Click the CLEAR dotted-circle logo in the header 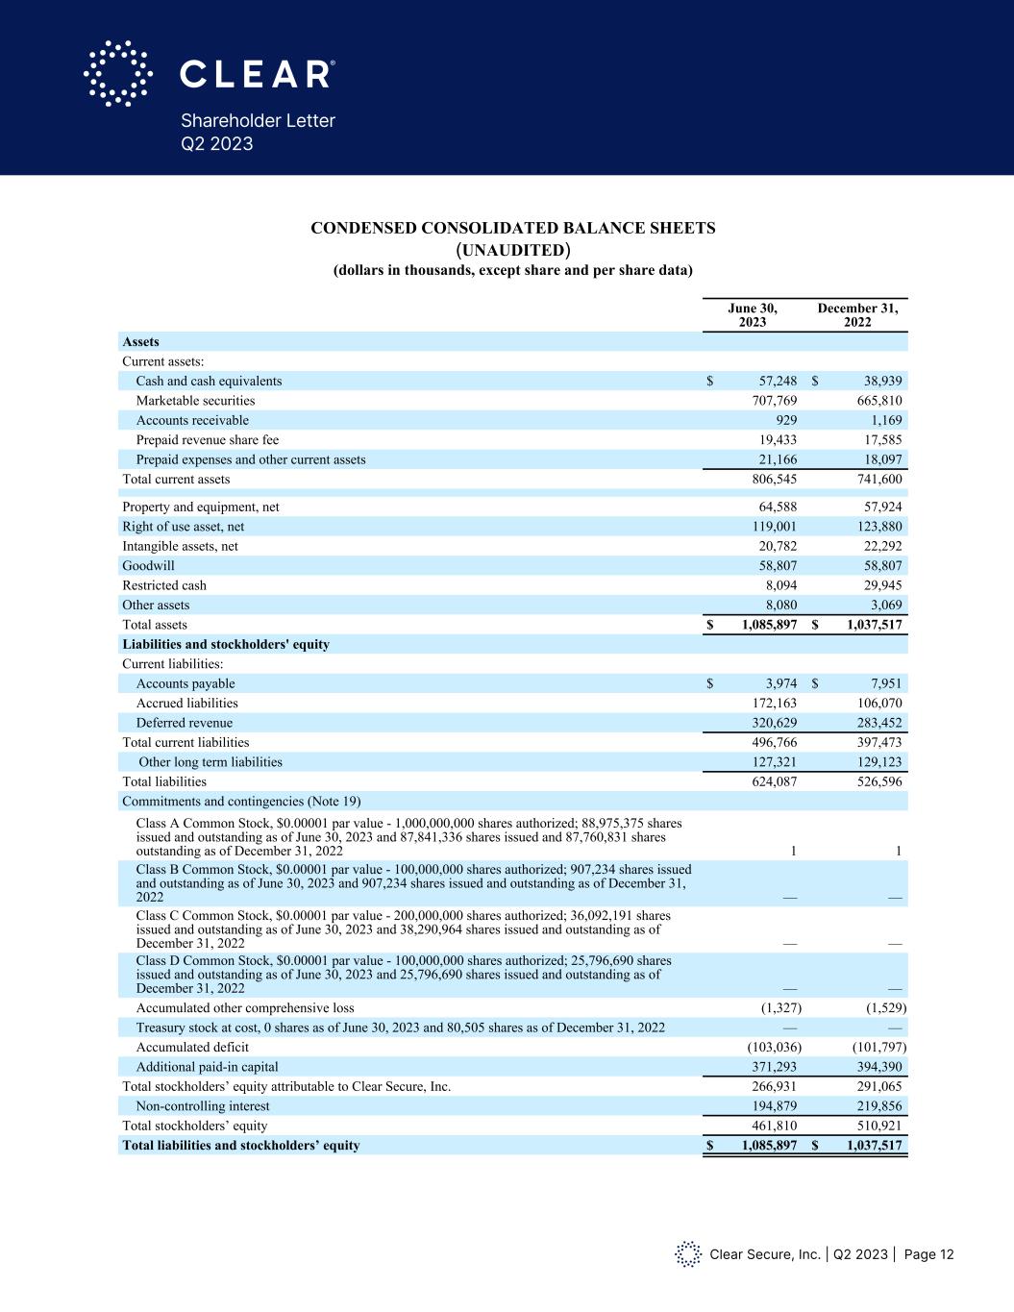(118, 73)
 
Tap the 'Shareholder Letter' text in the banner (258, 121)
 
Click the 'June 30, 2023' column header (752, 315)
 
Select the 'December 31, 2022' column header (857, 315)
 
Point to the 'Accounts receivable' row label (192, 420)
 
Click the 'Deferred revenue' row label (185, 723)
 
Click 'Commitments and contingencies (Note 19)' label (241, 802)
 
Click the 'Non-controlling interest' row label (203, 1106)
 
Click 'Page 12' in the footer (929, 1254)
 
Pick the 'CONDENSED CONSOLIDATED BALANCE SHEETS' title (512, 228)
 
